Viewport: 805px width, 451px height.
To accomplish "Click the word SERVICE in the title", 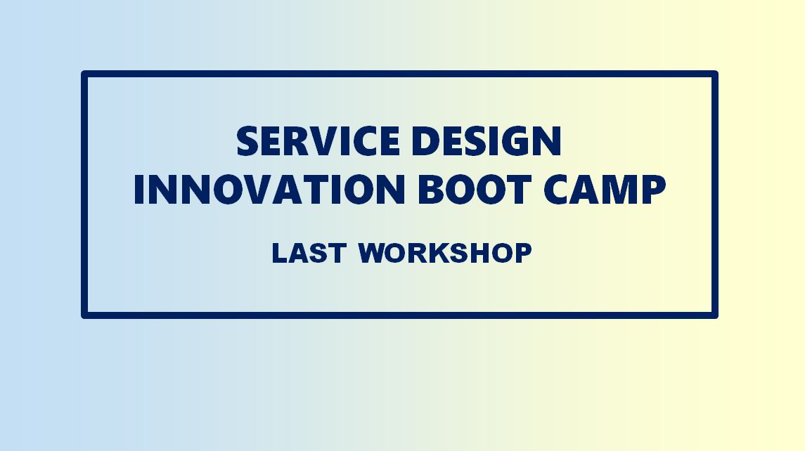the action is pos(318,141).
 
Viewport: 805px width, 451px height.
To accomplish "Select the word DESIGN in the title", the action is pos(487,141).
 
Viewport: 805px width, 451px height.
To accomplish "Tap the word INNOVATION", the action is pos(269,190).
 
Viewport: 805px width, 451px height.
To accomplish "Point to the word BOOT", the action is pos(475,190).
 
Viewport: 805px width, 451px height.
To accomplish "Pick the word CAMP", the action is pos(605,190).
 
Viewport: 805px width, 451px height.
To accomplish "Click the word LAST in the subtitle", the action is pos(309,253).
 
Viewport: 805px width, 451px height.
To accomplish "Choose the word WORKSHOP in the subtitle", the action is pos(444,253).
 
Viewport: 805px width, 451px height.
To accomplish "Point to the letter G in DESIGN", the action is pos(515,141).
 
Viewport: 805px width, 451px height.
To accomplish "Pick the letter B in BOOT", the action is pos(430,190).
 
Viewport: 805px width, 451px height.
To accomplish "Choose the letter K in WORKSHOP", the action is pos(439,253).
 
